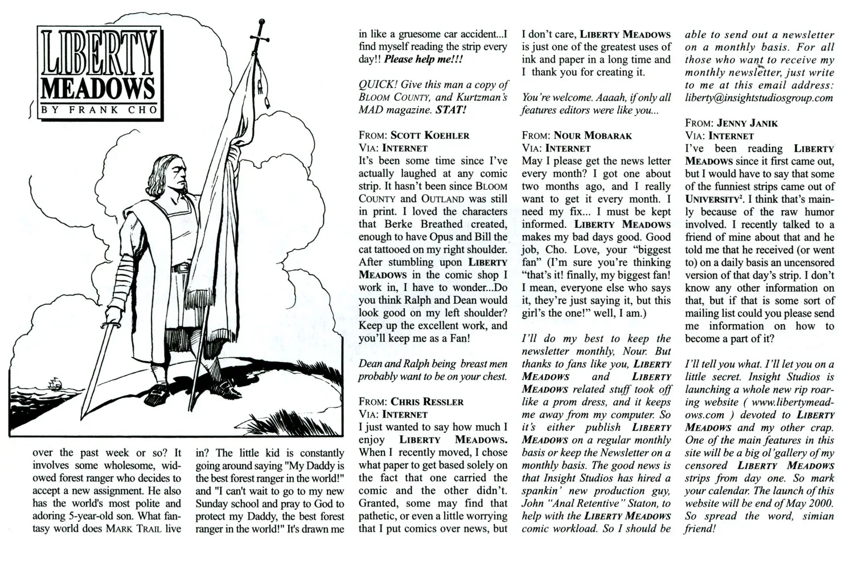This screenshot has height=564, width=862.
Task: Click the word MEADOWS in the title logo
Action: click(98, 88)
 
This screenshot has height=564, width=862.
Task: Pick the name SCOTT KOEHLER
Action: click(430, 136)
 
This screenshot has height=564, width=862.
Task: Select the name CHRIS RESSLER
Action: click(427, 402)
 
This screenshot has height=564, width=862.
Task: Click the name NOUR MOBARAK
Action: click(593, 136)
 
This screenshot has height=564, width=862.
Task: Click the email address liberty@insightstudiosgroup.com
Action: click(759, 97)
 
